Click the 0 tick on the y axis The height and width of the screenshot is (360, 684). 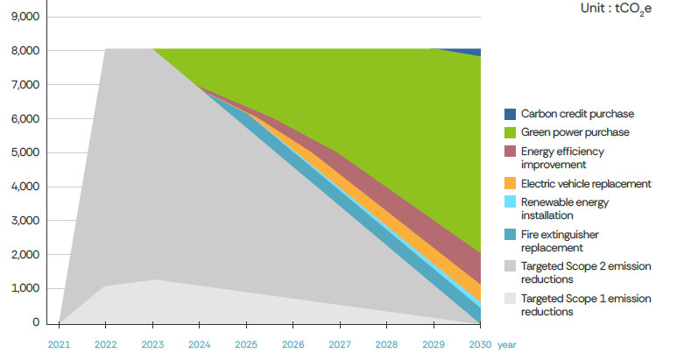(x=36, y=322)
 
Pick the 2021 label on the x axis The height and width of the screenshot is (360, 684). (x=59, y=345)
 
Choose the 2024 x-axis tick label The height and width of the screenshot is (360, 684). (x=199, y=345)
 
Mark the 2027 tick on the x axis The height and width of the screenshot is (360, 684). (x=340, y=345)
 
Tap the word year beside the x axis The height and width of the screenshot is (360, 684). (x=507, y=345)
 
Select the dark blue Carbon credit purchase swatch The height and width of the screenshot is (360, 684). (x=510, y=114)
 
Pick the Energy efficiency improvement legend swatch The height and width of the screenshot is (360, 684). (x=510, y=151)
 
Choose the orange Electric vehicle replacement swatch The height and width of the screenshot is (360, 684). (x=510, y=184)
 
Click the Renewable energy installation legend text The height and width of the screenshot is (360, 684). (x=564, y=208)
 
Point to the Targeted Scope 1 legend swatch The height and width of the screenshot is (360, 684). (x=510, y=299)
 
